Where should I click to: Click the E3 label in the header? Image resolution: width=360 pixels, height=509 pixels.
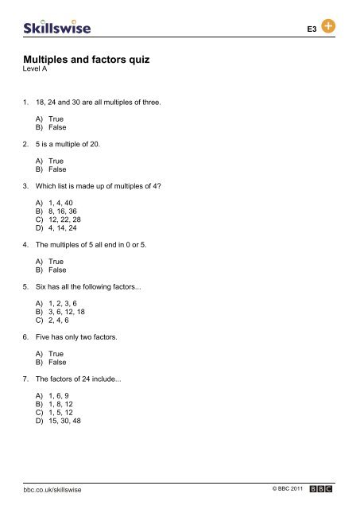click(312, 29)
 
